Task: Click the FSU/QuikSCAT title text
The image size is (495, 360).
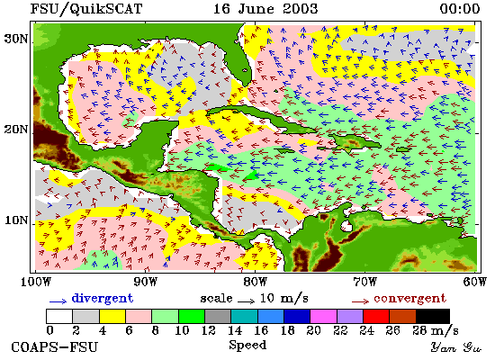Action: (86, 9)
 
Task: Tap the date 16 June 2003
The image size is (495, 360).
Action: (265, 8)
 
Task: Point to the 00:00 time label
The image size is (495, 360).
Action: (460, 8)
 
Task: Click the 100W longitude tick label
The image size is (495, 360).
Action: (36, 282)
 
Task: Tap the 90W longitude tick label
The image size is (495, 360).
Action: (145, 282)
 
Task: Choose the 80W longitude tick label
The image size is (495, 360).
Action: (256, 282)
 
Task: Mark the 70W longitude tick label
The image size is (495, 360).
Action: (365, 282)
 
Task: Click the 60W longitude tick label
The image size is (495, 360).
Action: (475, 282)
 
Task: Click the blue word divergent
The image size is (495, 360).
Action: (103, 299)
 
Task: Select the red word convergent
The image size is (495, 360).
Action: (410, 299)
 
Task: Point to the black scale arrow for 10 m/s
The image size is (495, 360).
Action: (247, 301)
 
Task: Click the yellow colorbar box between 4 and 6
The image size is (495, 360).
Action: (112, 317)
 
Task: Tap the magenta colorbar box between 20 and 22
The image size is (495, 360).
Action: (324, 317)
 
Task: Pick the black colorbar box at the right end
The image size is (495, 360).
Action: (433, 317)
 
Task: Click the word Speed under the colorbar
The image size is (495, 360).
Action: (247, 346)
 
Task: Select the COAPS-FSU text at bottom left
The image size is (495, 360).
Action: (55, 347)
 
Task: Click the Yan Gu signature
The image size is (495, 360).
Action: (456, 347)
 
